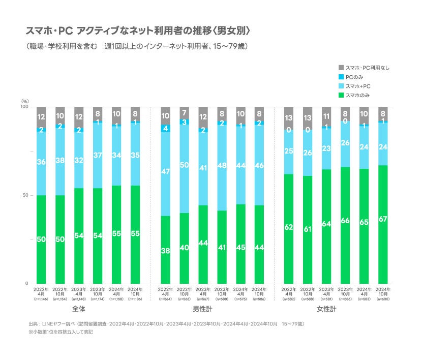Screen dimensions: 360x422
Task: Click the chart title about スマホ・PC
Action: (138, 31)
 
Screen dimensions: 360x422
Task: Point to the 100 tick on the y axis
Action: (24, 107)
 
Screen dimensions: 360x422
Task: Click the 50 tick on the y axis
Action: (25, 195)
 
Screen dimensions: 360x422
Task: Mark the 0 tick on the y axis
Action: (27, 284)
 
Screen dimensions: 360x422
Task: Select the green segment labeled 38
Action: (165, 250)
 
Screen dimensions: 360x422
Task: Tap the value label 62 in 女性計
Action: (289, 227)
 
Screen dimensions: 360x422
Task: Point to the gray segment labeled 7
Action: (184, 112)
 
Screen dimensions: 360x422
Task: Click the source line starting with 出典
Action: (166, 323)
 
